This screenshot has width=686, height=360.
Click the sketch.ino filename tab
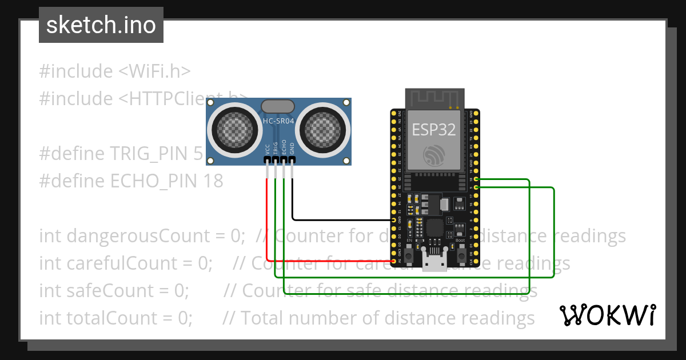(x=101, y=25)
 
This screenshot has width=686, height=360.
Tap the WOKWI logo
(x=607, y=315)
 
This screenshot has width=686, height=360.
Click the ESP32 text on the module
(x=434, y=130)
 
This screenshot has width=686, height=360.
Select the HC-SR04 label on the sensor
(x=278, y=121)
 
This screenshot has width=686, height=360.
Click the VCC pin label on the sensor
(x=268, y=149)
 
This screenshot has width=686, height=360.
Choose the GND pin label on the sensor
(x=292, y=149)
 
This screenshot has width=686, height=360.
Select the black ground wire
(x=343, y=219)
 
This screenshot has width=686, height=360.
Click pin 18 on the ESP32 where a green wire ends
(x=476, y=180)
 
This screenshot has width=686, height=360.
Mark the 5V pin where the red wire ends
(x=393, y=261)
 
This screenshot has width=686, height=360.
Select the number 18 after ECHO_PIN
(x=213, y=181)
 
